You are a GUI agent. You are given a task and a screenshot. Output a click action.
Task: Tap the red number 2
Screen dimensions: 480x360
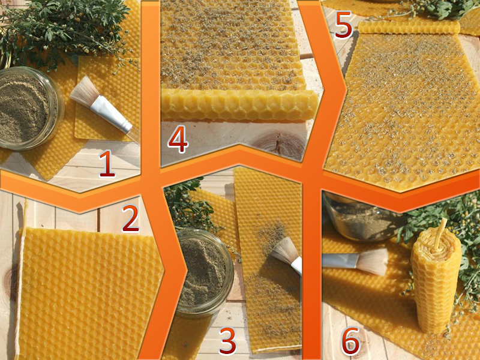(x=131, y=218)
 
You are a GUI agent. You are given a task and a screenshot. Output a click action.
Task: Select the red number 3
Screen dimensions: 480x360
(x=228, y=341)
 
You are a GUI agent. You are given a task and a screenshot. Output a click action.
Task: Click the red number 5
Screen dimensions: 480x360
(x=343, y=25)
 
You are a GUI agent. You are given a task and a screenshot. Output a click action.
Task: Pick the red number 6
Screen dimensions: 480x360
(x=350, y=341)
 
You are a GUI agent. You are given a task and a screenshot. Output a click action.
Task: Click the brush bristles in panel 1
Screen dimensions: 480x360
(x=84, y=91)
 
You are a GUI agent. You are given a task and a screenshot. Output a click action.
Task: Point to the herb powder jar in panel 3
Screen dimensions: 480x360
(x=205, y=272)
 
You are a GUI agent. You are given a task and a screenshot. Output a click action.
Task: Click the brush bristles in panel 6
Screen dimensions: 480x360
(x=372, y=262)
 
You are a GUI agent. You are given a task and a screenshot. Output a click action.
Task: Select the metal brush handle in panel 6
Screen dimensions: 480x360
(x=340, y=260)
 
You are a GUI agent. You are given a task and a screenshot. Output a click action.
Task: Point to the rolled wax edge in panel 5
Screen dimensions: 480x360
(x=409, y=27)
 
